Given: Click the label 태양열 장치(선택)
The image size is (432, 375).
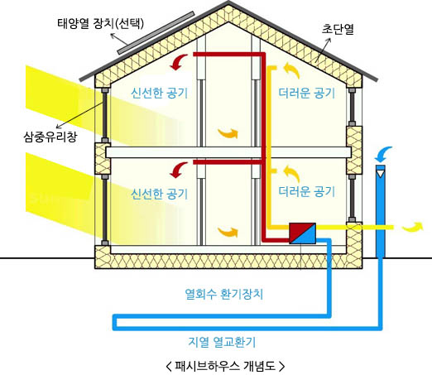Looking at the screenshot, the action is (101, 23).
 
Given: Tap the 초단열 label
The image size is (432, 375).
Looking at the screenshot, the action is (338, 29).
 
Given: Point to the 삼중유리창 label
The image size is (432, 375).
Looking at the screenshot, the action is (50, 137).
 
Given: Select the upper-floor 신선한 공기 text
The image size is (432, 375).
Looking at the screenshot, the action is (159, 93).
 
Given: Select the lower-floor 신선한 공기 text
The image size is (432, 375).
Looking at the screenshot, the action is (159, 194).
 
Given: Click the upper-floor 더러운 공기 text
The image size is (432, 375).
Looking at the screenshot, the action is (306, 93).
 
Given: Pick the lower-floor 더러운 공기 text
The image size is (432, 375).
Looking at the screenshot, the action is (306, 191).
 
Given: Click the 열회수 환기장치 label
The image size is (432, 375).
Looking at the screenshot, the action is (224, 294).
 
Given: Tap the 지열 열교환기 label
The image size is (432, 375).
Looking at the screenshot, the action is (222, 342).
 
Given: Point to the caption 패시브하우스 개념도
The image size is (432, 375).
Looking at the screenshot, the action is (225, 366).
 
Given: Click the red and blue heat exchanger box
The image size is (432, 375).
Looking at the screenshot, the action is (302, 233).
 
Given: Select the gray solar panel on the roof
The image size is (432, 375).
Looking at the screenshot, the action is (156, 33).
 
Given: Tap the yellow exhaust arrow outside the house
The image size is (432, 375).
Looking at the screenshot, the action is (412, 226).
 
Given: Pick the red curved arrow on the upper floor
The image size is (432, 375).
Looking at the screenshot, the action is (179, 62).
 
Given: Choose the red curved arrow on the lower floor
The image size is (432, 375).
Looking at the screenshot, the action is (179, 170).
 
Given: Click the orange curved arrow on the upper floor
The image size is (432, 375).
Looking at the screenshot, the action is (228, 133).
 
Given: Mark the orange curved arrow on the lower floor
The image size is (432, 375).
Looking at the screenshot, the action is (228, 232).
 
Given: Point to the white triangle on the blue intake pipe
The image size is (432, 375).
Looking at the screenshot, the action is (381, 174).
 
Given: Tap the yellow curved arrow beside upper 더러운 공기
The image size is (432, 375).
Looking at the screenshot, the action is (291, 70).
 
